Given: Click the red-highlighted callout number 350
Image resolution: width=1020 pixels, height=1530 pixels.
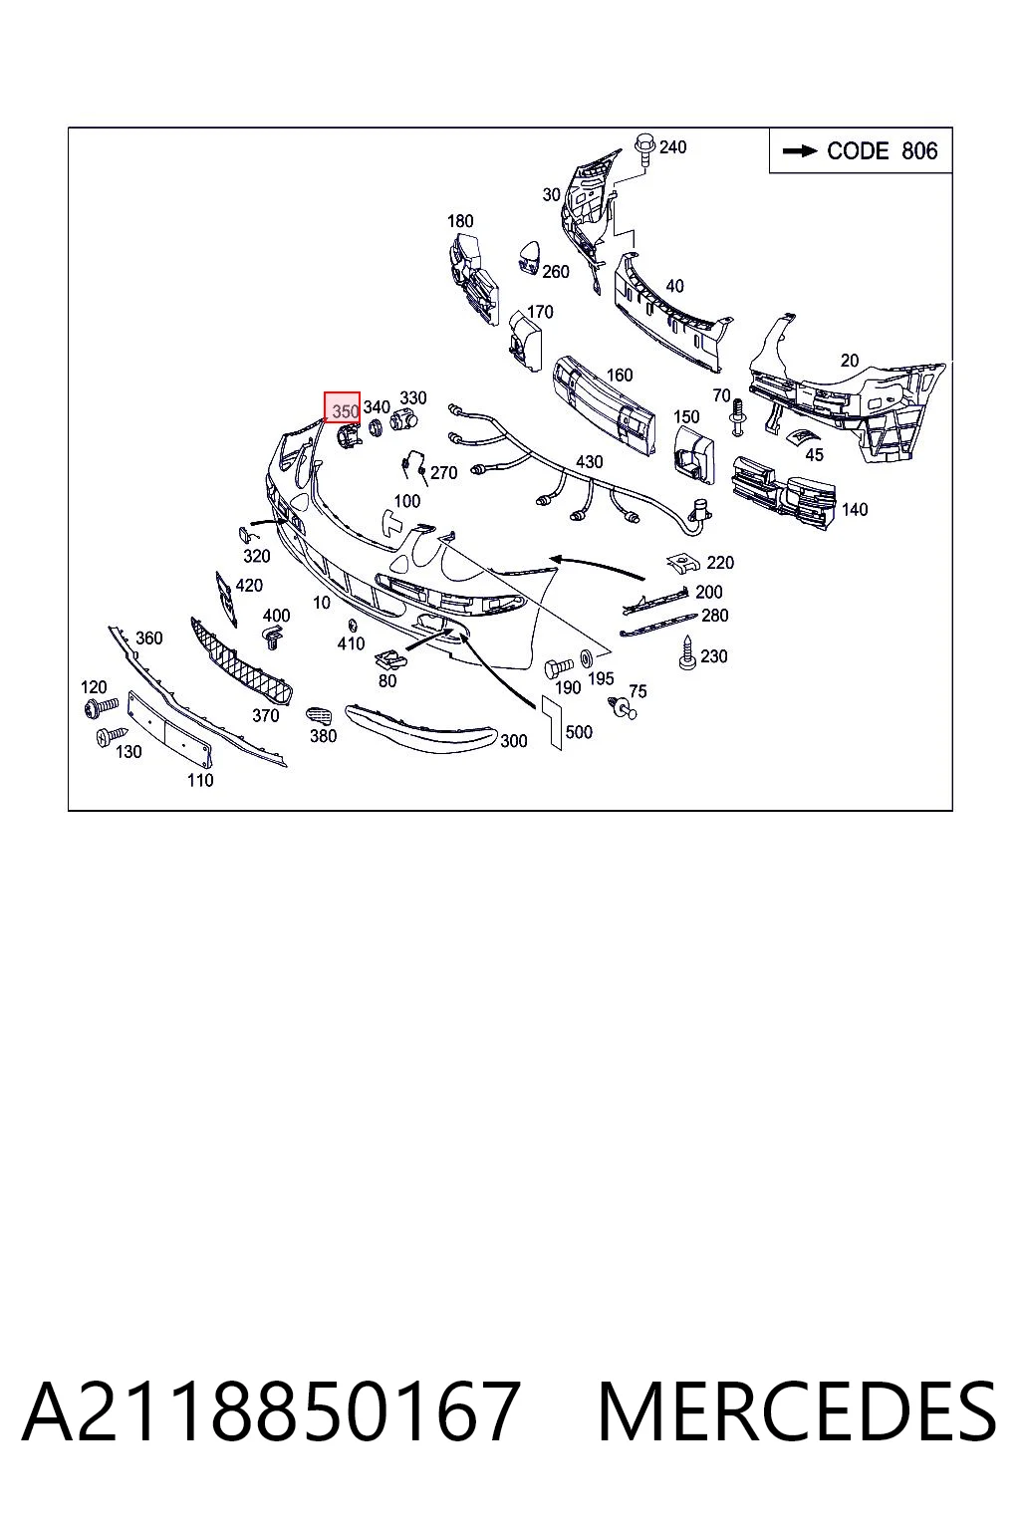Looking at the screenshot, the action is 343,407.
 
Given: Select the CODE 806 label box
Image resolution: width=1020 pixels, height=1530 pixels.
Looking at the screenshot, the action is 861,150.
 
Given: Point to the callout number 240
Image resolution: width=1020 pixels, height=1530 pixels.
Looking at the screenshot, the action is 673,146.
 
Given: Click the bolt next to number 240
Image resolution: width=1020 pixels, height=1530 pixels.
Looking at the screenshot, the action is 644,149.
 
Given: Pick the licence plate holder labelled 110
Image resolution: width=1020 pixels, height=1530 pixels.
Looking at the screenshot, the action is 169,729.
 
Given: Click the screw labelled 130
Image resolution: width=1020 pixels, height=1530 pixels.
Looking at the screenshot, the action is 112,736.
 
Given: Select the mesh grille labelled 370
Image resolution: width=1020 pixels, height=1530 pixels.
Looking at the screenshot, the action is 241,661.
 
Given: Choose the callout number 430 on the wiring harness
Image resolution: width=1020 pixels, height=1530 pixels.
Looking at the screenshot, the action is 589,462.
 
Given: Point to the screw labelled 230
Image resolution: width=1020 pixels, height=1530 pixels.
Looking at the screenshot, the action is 687,653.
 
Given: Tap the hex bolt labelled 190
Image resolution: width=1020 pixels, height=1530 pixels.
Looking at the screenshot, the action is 558,666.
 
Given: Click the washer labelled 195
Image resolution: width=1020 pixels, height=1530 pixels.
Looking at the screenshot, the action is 586,657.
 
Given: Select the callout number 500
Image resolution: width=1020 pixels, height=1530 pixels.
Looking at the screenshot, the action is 579,732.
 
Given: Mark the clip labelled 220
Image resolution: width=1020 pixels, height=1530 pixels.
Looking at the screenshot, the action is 684,562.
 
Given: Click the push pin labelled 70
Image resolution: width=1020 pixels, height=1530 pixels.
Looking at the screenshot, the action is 737,417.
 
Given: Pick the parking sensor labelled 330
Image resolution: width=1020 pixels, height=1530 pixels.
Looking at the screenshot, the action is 403,419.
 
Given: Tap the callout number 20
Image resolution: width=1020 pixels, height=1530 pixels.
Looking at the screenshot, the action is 850,360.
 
